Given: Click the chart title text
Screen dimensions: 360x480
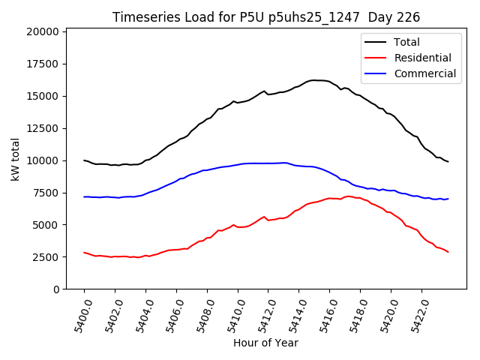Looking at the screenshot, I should [266, 17].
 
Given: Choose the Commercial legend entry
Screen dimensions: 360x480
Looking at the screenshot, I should [424, 73].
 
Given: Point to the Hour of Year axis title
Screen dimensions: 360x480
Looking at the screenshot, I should [265, 343].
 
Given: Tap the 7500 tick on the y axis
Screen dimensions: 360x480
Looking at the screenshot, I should [46, 193].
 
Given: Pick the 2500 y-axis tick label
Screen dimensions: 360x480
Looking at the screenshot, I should [46, 257].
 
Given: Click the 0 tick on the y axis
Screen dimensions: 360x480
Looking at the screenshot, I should [56, 289].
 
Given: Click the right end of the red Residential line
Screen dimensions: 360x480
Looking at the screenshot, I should [448, 252].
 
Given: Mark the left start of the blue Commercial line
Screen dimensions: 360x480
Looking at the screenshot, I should [84, 196].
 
